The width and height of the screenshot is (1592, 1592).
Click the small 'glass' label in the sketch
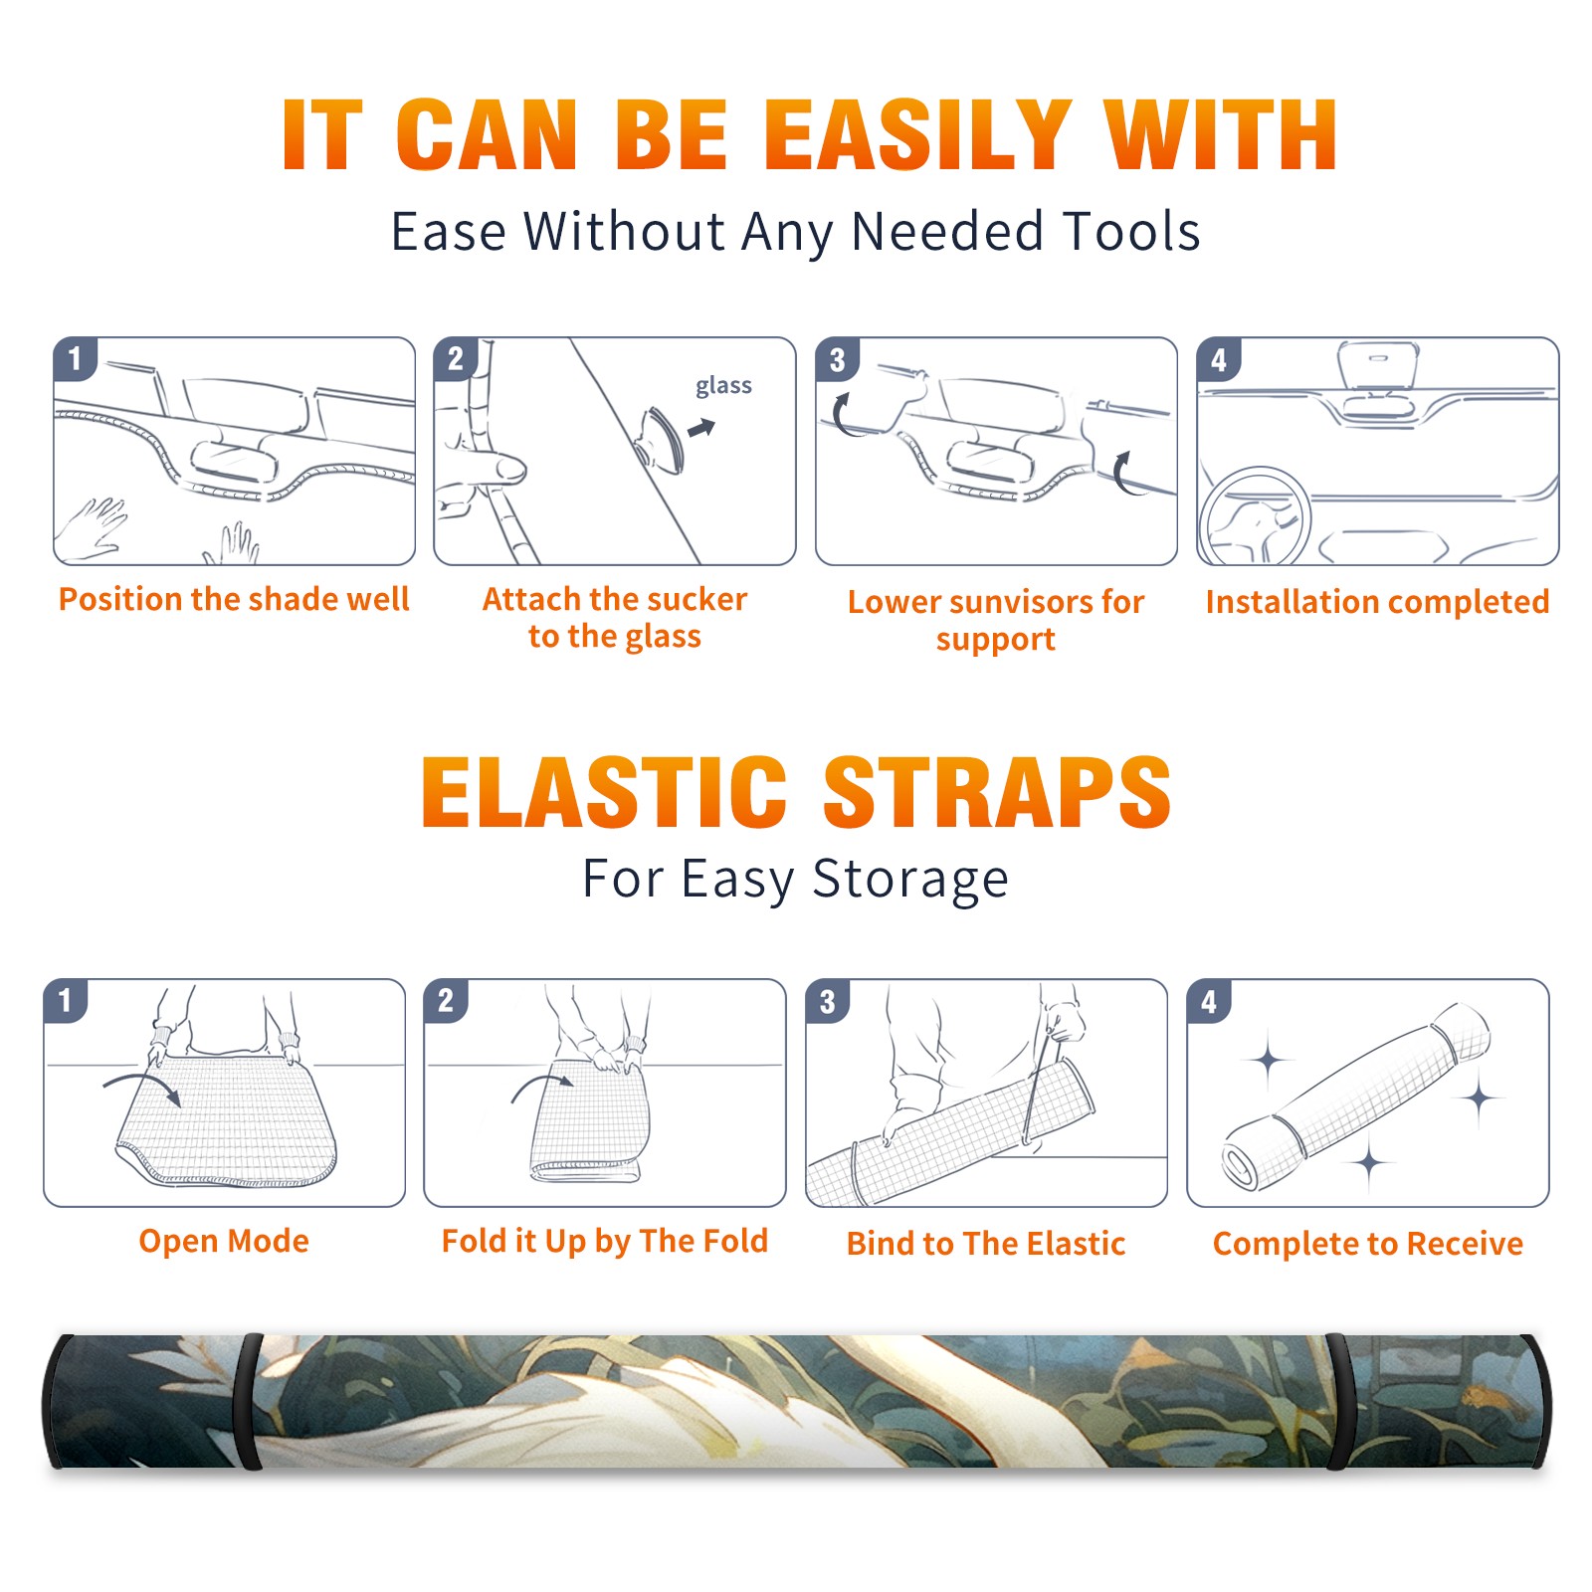click(x=723, y=385)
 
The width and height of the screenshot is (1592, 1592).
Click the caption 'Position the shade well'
click(x=234, y=599)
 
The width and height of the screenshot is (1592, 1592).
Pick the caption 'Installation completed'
click(x=1377, y=601)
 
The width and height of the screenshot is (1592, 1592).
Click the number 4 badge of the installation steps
click(x=1219, y=359)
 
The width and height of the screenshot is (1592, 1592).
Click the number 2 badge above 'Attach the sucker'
click(x=456, y=358)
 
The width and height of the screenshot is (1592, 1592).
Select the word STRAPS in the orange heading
click(x=997, y=792)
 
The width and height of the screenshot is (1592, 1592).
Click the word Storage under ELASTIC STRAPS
click(x=910, y=879)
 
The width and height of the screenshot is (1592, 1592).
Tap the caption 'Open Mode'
click(x=224, y=1241)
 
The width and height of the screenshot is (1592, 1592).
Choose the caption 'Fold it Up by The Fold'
click(x=605, y=1241)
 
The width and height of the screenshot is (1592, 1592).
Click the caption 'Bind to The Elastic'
click(x=986, y=1243)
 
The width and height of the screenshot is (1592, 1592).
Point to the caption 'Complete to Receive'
click(x=1368, y=1243)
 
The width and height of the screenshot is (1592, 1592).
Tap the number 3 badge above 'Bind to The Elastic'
click(x=827, y=1001)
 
